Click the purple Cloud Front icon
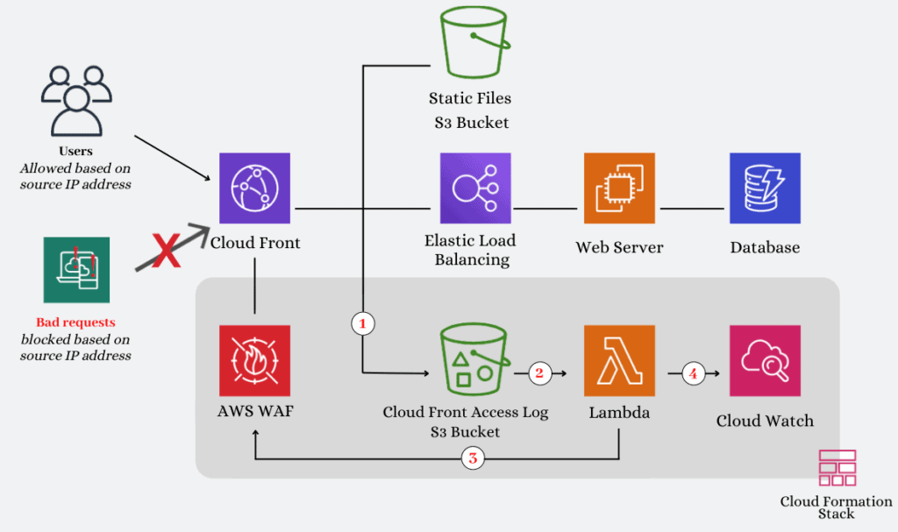(x=254, y=188)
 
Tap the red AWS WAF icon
(x=254, y=360)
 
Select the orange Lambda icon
(x=619, y=360)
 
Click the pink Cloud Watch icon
(x=765, y=360)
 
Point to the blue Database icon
(x=765, y=188)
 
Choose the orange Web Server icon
(x=619, y=188)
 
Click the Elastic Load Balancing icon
(x=474, y=188)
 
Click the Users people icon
(x=76, y=98)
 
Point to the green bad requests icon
(x=76, y=270)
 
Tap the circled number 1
(x=363, y=323)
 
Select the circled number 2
(x=538, y=373)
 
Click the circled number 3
(x=474, y=458)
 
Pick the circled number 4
(x=693, y=373)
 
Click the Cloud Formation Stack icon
(x=837, y=469)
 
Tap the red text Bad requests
(x=75, y=323)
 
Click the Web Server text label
(x=619, y=248)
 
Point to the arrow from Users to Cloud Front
(x=171, y=159)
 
